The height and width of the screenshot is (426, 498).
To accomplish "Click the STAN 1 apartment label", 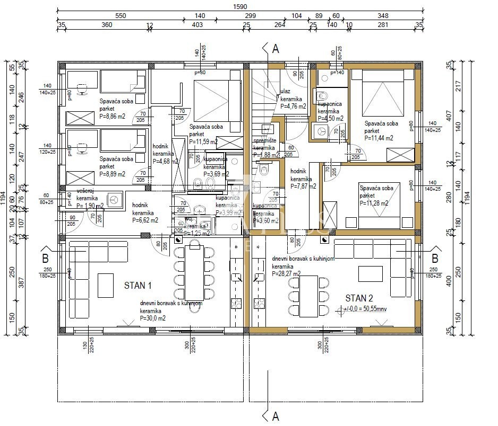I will tap(138, 286).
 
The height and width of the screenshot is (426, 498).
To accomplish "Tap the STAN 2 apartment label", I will tap(359, 298).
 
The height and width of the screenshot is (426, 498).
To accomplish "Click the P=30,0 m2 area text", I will tap(152, 318).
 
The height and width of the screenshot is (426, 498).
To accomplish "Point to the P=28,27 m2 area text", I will tap(286, 274).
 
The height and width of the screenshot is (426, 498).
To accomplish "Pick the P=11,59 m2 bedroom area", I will tap(203, 141).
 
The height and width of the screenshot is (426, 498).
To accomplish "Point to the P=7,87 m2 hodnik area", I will tap(303, 186).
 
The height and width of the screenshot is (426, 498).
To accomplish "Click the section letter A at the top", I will tap(275, 49).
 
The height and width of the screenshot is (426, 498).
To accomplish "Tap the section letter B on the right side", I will tap(434, 258).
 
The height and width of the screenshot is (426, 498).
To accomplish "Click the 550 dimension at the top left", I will tap(121, 16).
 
